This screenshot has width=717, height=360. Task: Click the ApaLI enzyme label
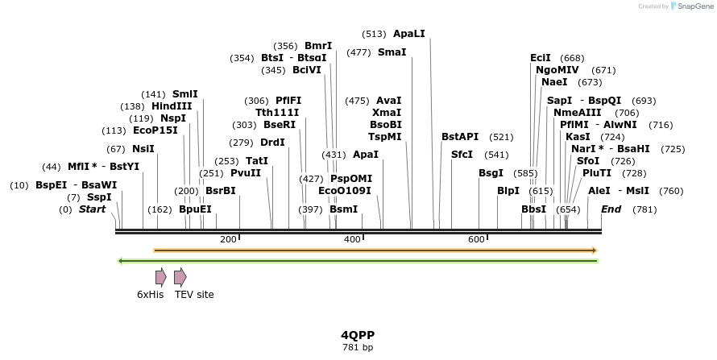408,34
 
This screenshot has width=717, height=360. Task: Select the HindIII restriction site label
172,106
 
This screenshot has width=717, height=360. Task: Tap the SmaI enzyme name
392,52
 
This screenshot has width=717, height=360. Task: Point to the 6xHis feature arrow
161,277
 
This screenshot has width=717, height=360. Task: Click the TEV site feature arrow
180,277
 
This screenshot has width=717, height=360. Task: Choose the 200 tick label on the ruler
228,239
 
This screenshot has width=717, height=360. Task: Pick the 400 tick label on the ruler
352,239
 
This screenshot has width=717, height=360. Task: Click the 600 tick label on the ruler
476,239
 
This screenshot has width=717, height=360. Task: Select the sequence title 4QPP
358,334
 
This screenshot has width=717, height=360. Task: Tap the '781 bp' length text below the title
358,347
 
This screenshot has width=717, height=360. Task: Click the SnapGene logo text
694,6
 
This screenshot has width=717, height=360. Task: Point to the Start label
92,209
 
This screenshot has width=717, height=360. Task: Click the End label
611,209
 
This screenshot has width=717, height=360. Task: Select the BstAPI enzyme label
460,137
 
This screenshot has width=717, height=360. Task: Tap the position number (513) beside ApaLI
374,34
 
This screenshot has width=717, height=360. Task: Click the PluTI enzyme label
597,173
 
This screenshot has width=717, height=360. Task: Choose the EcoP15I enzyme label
155,130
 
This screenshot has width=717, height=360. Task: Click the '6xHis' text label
151,295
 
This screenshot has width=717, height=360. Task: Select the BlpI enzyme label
508,191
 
